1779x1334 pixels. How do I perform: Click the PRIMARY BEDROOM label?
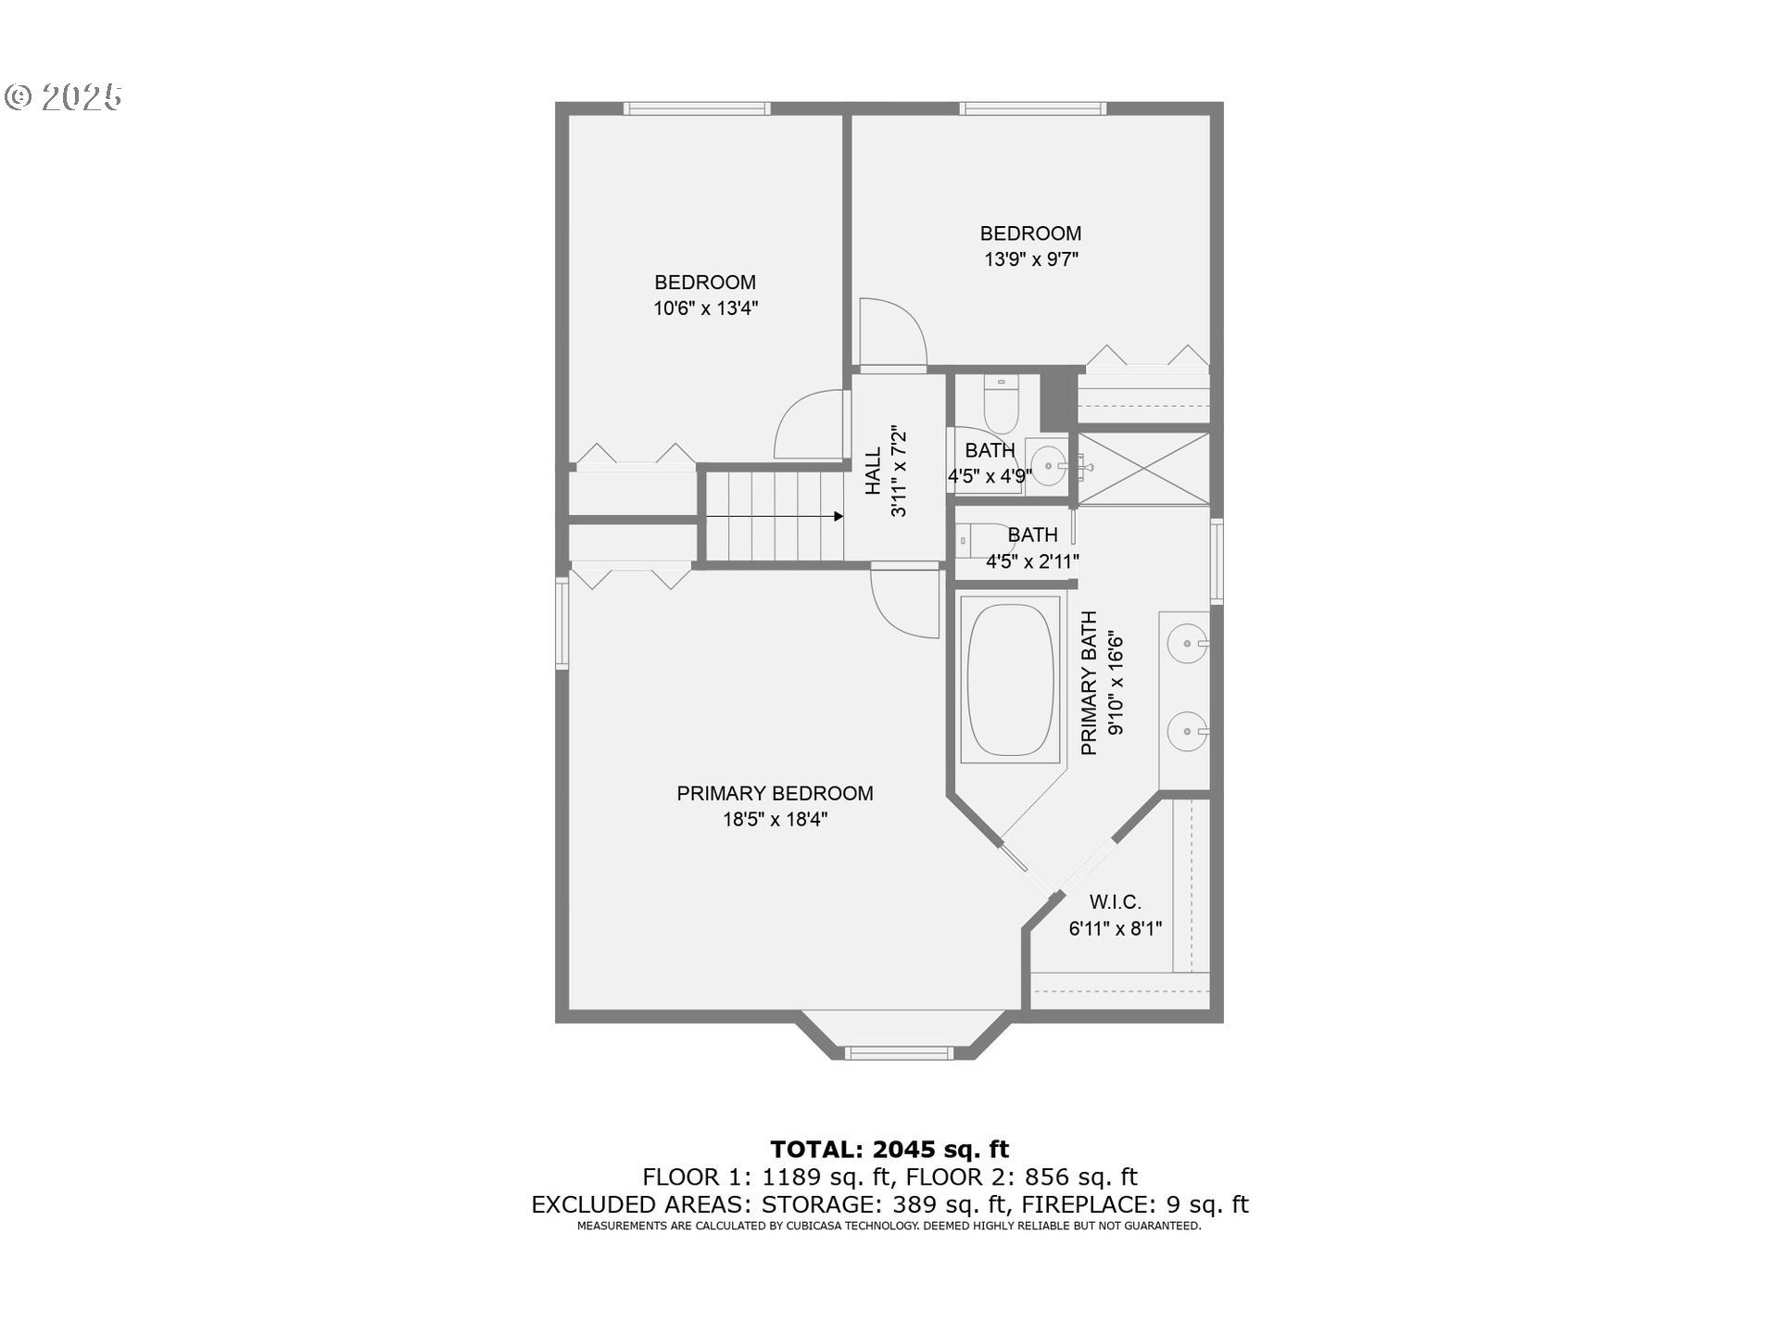coord(775,794)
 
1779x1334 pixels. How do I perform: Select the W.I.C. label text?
coord(1115,902)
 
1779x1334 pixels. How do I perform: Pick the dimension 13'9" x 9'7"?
coord(1030,259)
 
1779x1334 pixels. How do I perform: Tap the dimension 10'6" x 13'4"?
coord(705,308)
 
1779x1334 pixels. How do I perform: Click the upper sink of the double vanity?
coord(1185,642)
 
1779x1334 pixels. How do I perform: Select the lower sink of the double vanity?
coord(1185,731)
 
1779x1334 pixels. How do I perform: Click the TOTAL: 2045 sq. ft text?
coord(889,1150)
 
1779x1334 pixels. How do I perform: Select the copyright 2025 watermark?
coord(63,97)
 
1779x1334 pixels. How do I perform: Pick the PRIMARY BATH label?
coord(1090,683)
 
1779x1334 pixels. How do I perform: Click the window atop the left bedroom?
coord(697,108)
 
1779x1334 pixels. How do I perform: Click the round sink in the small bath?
coord(1048,466)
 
